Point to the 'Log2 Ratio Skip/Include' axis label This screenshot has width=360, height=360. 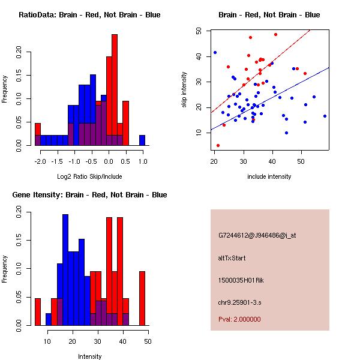pyautogui.click(x=89, y=176)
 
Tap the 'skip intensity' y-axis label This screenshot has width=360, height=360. pyautogui.click(x=185, y=90)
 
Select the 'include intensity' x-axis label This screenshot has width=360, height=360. pyautogui.click(x=269, y=176)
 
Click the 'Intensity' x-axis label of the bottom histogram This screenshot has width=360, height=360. pyautogui.click(x=89, y=356)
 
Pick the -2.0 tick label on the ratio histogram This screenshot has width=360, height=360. pyautogui.click(x=40, y=162)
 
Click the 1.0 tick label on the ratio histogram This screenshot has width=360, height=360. pyautogui.click(x=142, y=162)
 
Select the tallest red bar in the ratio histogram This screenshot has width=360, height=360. pyautogui.click(x=114, y=90)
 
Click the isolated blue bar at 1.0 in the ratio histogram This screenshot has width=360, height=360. pyautogui.click(x=142, y=140)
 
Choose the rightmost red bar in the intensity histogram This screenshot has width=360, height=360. pyautogui.click(x=142, y=298)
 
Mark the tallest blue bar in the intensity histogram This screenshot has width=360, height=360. pyautogui.click(x=66, y=270)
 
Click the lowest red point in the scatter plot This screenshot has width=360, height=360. pyautogui.click(x=218, y=145)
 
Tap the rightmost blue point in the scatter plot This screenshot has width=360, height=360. pyautogui.click(x=325, y=116)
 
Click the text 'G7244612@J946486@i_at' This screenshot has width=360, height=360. pyautogui.click(x=257, y=235)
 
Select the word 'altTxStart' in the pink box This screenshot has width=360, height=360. pyautogui.click(x=232, y=258)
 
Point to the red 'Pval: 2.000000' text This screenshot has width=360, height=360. pyautogui.click(x=239, y=319)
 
